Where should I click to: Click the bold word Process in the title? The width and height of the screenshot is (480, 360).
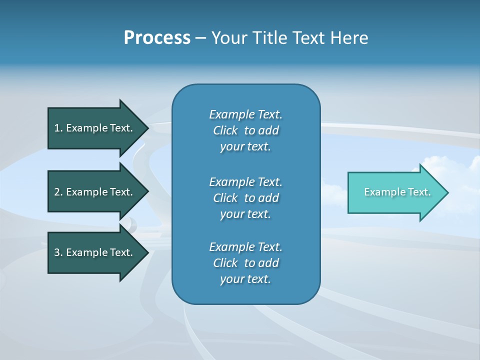(x=157, y=38)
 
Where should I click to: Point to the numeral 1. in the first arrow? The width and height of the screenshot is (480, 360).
(x=58, y=128)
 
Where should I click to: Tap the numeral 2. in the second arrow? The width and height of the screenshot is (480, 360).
(x=58, y=192)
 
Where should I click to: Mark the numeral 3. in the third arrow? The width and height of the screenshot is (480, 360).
(x=58, y=252)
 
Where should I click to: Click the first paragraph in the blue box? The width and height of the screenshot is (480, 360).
(x=245, y=130)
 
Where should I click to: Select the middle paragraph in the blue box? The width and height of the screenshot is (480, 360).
(x=245, y=198)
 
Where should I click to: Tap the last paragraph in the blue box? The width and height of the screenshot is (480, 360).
(x=245, y=263)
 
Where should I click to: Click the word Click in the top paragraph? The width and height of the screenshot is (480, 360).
(x=225, y=130)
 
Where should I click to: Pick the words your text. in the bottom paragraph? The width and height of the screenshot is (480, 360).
(x=245, y=279)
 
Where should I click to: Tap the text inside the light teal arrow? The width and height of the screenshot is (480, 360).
(x=397, y=192)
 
